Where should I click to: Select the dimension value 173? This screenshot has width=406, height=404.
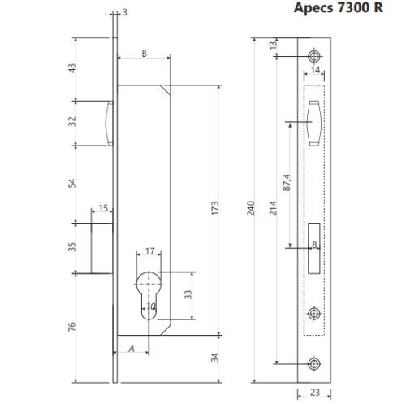point(214,208)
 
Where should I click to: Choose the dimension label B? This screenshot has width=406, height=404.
point(144,54)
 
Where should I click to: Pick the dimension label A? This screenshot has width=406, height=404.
point(132,349)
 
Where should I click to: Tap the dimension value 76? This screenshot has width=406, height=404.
point(72,327)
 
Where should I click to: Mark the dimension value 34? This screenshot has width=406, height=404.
point(214,358)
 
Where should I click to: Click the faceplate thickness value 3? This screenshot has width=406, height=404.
point(124,12)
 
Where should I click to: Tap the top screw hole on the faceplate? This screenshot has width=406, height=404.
point(315,54)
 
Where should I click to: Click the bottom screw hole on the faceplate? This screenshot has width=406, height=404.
point(315,363)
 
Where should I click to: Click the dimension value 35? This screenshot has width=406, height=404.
point(72,247)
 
